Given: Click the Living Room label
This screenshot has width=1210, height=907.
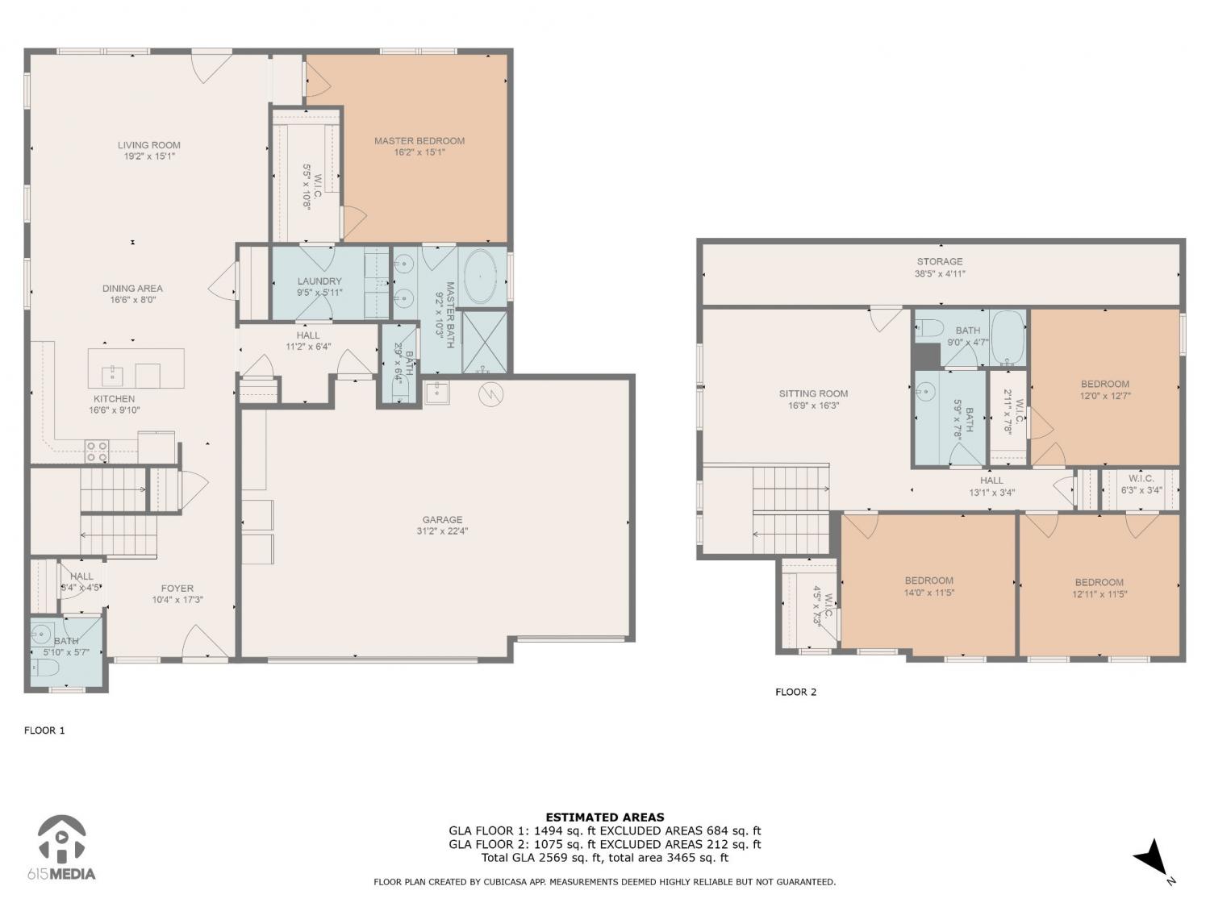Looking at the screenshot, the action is pyautogui.click(x=149, y=145).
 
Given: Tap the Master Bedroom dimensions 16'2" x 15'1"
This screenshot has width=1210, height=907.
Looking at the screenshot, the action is pyautogui.click(x=419, y=152).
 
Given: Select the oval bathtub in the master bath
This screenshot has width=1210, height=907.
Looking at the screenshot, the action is pyautogui.click(x=481, y=278).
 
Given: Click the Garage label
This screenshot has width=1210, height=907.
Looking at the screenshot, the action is pyautogui.click(x=442, y=520).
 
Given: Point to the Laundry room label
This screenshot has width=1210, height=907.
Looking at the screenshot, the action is pyautogui.click(x=319, y=281).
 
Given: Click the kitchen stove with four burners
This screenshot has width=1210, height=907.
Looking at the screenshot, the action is pyautogui.click(x=97, y=451).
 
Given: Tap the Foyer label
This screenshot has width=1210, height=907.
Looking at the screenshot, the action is pyautogui.click(x=177, y=589).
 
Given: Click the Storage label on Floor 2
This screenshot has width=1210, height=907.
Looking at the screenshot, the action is pyautogui.click(x=940, y=261).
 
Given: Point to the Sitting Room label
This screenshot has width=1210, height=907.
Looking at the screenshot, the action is pyautogui.click(x=814, y=393).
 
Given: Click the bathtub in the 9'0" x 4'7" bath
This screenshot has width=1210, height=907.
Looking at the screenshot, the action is pyautogui.click(x=1008, y=338).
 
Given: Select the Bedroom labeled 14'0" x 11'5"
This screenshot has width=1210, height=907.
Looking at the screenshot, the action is pyautogui.click(x=928, y=580).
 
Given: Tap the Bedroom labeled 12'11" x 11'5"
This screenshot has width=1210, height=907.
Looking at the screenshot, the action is pyautogui.click(x=1099, y=583).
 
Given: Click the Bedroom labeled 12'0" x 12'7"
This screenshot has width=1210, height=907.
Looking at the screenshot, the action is pyautogui.click(x=1105, y=385).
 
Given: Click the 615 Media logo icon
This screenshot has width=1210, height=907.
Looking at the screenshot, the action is pyautogui.click(x=62, y=839).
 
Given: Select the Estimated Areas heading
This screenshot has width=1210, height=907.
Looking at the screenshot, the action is pyautogui.click(x=605, y=818).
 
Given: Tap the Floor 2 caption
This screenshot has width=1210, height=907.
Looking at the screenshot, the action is pyautogui.click(x=795, y=693).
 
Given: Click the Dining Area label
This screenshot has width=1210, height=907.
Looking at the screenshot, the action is pyautogui.click(x=132, y=289).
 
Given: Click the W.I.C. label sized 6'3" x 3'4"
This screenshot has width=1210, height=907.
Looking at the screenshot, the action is pyautogui.click(x=1141, y=479).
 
